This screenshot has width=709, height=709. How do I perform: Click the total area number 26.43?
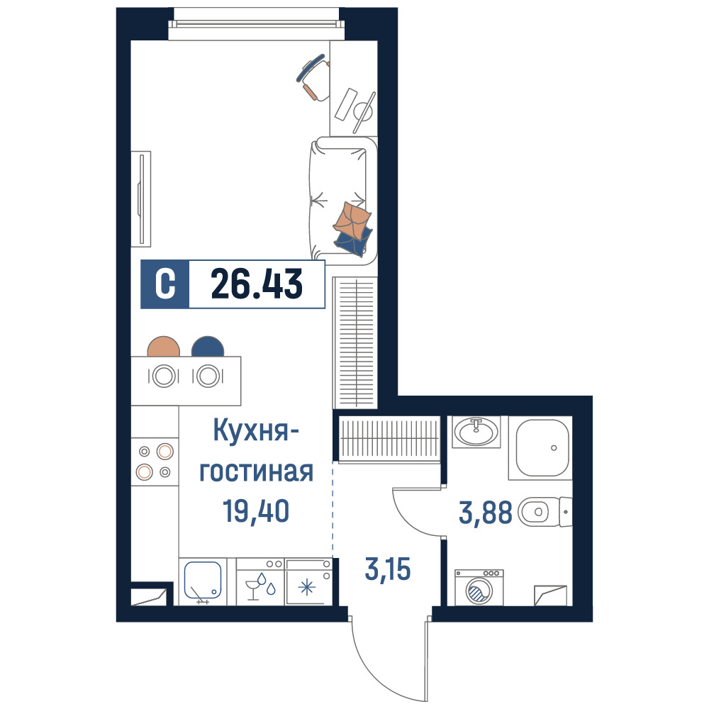click(257, 284)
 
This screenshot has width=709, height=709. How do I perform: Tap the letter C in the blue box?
click(165, 284)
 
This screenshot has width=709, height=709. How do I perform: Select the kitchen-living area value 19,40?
click(256, 511)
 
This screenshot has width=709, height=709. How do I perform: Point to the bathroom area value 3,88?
click(485, 513)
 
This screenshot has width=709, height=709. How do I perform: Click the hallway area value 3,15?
click(388, 569)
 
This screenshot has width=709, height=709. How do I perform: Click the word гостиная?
click(257, 471)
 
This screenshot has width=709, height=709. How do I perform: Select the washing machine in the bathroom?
click(479, 587)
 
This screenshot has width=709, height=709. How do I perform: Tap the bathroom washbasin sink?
click(476, 432)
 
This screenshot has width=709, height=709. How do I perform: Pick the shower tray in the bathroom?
click(541, 448)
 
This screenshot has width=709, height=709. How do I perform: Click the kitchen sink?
click(203, 581)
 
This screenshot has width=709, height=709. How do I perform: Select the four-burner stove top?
click(155, 462)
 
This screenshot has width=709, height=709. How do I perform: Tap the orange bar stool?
click(164, 347)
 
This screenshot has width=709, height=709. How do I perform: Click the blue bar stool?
click(208, 347)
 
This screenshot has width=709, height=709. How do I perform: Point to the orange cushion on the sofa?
click(352, 220)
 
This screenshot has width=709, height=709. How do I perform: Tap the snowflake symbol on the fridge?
click(307, 588)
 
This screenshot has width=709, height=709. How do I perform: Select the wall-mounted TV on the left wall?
click(141, 199)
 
